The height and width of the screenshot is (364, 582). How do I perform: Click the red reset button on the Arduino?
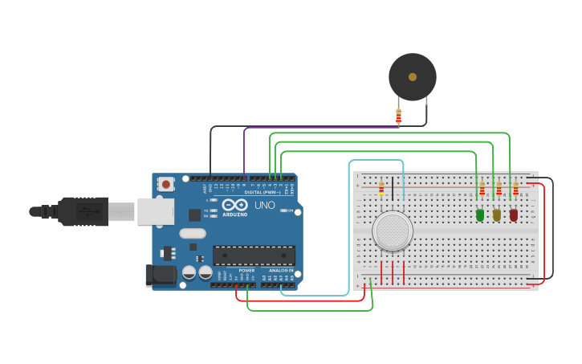[x=166, y=184]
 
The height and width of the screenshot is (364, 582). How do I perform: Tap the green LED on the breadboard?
[x=480, y=215]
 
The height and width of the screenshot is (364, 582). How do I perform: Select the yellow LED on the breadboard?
[x=497, y=215]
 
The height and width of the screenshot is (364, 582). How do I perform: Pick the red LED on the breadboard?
[x=514, y=215]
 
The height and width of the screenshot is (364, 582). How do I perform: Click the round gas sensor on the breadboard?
[x=393, y=231]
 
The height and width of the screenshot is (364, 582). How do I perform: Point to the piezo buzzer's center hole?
[x=413, y=77]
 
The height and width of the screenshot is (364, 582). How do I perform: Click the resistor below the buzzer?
[x=398, y=116]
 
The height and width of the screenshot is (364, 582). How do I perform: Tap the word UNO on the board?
[x=266, y=205]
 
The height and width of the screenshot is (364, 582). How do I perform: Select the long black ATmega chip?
[x=254, y=256]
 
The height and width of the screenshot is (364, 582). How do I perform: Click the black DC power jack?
[x=161, y=275]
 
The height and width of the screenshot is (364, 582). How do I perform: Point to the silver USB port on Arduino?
[x=156, y=211]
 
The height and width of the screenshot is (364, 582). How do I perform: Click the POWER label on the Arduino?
[x=246, y=271]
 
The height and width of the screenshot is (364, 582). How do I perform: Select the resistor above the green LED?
[x=482, y=190]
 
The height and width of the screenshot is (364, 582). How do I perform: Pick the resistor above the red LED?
[x=515, y=190]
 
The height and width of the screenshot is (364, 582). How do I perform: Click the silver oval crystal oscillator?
[x=193, y=234]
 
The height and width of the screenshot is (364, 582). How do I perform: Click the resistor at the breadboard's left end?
[x=381, y=190]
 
